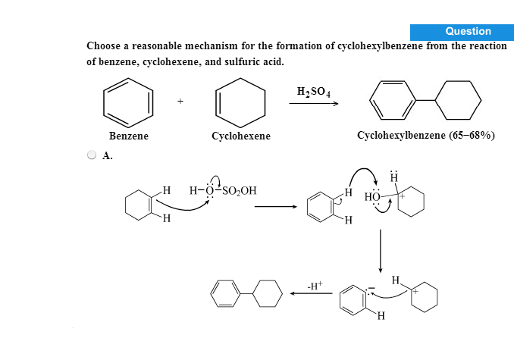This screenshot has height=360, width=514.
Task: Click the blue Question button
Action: [462, 32]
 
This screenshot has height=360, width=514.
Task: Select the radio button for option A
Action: [92, 155]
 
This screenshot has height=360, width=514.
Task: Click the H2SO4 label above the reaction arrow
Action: [313, 92]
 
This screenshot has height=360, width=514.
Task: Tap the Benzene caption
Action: [129, 136]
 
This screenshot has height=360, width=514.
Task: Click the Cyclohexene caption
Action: [241, 136]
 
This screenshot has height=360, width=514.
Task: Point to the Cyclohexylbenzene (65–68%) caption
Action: [426, 136]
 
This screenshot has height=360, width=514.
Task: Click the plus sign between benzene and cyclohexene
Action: [180, 102]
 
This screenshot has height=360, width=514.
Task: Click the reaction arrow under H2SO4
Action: [313, 104]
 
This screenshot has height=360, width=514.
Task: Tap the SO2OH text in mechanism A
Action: [240, 191]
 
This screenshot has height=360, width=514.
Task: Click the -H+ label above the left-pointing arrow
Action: [315, 286]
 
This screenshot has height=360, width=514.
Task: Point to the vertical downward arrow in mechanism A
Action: [381, 251]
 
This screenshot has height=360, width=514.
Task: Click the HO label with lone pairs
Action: [372, 197]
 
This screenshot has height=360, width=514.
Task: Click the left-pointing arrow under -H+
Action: [311, 293]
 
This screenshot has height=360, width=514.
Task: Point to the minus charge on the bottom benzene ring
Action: [371, 288]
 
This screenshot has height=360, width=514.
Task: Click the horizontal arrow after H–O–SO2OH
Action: [276, 207]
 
